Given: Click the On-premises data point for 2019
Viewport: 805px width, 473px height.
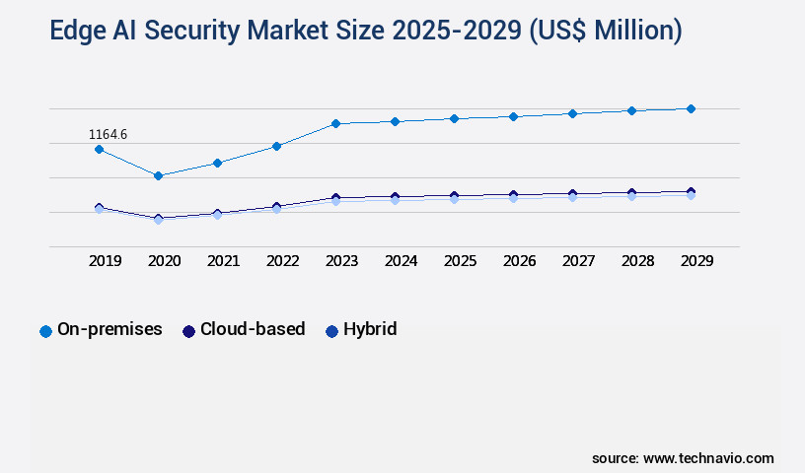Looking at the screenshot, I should [99, 149].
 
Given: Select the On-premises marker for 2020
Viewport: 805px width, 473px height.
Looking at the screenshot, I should [158, 175].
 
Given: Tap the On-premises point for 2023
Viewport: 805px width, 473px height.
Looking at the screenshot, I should [335, 123].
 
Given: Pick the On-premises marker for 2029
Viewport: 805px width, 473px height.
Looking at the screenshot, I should [691, 108].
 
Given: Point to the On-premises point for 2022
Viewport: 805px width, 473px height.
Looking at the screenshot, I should [276, 146].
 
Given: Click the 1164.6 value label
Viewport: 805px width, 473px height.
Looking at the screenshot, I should [108, 134].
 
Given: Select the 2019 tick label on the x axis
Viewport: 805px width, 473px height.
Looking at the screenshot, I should [106, 261].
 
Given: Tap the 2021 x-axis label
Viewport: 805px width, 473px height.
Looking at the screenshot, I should [224, 261].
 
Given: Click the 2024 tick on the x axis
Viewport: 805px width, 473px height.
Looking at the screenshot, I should [402, 261].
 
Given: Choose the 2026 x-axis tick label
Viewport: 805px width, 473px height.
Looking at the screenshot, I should [520, 261].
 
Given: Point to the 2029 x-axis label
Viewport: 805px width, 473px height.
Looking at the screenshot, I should [697, 261].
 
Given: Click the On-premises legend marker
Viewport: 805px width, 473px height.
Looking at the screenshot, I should [45, 331].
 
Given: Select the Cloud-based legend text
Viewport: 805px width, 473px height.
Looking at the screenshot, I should [253, 329].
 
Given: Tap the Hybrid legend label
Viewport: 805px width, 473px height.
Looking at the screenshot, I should [370, 329].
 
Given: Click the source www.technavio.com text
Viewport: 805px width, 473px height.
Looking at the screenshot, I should [683, 458].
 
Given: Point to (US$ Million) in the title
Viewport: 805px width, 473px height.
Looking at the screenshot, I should [605, 32].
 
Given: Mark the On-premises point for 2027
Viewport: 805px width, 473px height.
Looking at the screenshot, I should [572, 113].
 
